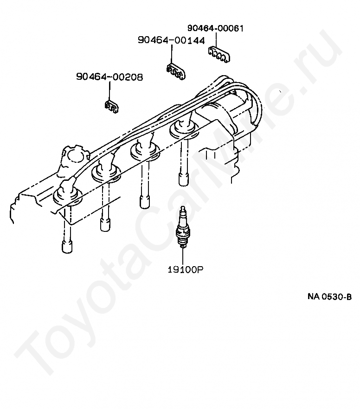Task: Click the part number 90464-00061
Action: coord(215,29)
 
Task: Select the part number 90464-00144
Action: coord(171,40)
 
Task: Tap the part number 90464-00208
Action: coord(109,77)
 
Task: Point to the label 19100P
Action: coord(186,269)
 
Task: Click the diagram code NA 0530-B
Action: coord(329,297)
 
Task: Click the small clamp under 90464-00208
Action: coord(111,107)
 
